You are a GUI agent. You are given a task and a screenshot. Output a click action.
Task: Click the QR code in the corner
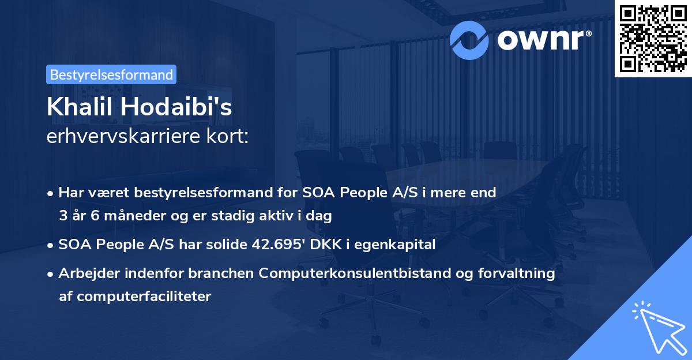click(653, 38)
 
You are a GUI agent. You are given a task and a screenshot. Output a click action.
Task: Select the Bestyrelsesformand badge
click(111, 74)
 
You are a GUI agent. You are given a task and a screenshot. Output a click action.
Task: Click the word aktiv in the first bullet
click(287, 216)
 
